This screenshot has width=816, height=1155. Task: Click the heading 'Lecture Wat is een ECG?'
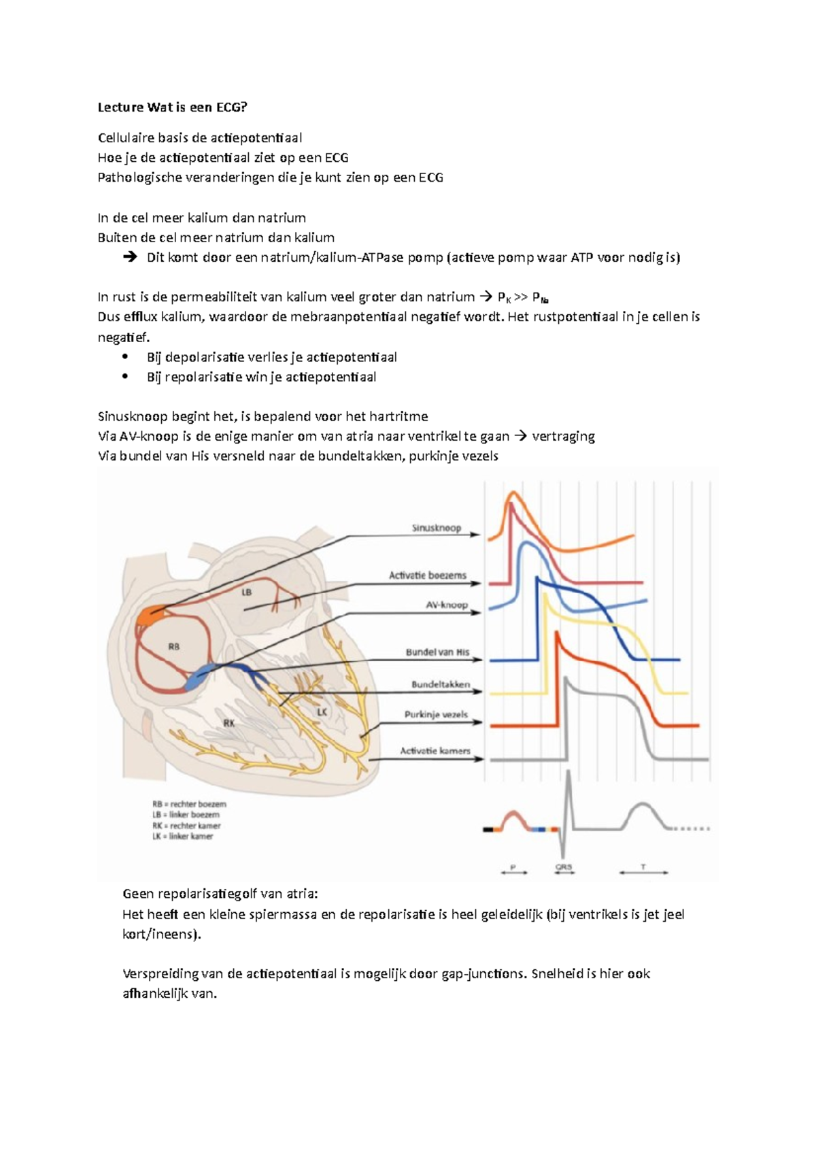tap(173, 107)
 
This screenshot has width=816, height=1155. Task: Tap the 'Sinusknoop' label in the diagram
tap(436, 528)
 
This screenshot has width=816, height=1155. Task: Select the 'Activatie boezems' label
tap(428, 575)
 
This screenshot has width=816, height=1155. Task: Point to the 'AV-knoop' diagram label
tap(447, 605)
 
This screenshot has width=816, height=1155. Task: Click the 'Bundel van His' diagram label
tap(437, 652)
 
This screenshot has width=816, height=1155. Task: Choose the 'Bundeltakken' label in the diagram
tap(440, 684)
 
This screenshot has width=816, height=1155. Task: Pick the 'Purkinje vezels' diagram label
tap(436, 715)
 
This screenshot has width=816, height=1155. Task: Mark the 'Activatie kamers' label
tap(435, 751)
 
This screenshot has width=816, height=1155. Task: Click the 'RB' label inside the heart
tap(174, 646)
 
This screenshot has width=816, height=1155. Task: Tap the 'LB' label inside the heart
tap(247, 592)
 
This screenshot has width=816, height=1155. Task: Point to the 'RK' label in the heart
tap(229, 723)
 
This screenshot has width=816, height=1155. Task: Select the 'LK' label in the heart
tap(322, 712)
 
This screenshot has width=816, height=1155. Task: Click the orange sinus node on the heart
tap(149, 616)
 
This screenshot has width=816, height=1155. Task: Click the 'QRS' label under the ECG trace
tap(563, 867)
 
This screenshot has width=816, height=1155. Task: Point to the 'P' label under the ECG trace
tap(513, 867)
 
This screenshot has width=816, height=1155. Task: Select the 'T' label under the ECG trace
tap(643, 867)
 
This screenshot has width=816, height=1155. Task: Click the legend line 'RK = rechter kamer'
tap(186, 826)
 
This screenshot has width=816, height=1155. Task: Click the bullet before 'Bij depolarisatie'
tap(124, 357)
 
